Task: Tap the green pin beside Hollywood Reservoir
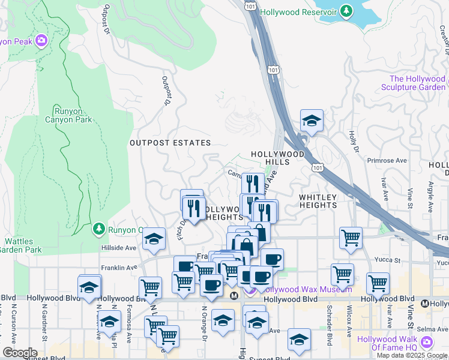click(346, 11)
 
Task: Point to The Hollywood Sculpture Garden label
click(417, 83)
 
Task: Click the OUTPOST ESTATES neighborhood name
click(170, 143)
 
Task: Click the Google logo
click(19, 353)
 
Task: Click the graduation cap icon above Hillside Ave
click(154, 239)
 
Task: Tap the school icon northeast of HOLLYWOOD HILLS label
click(312, 121)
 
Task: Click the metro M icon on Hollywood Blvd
click(235, 295)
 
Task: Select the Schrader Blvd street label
click(330, 331)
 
